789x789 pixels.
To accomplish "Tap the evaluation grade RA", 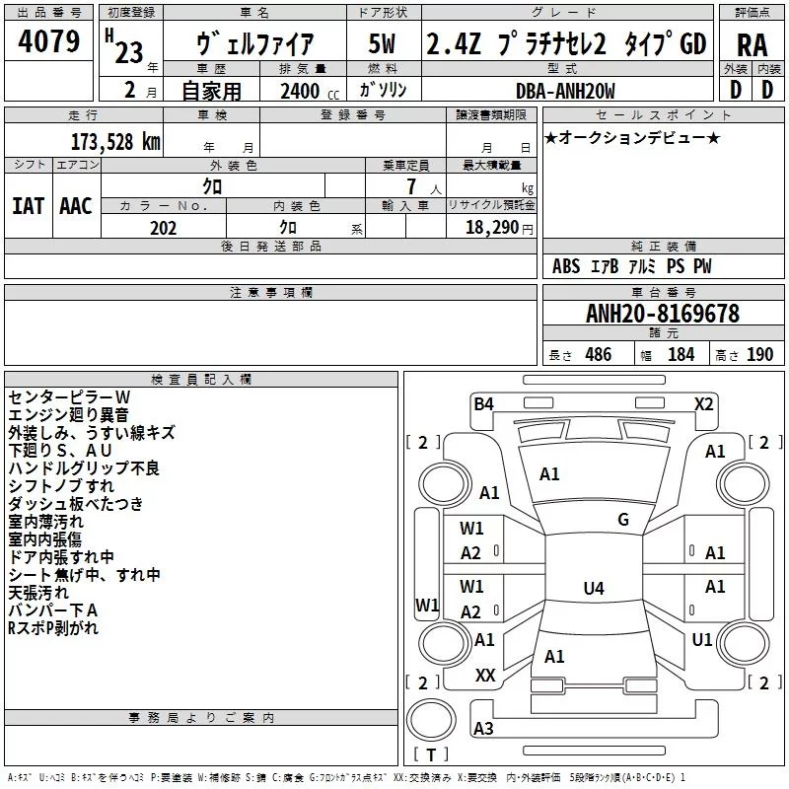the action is pyautogui.click(x=752, y=45).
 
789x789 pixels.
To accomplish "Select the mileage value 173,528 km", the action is pyautogui.click(x=115, y=141).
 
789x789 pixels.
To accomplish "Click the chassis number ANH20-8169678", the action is pyautogui.click(x=663, y=314).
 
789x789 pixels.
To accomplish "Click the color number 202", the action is pyautogui.click(x=163, y=228).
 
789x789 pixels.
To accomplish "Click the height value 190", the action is pyautogui.click(x=759, y=354).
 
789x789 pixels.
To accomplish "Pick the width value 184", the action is pyautogui.click(x=681, y=354).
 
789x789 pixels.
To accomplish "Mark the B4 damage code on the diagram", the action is pyautogui.click(x=483, y=403).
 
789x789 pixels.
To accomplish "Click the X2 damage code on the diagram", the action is pyautogui.click(x=703, y=403).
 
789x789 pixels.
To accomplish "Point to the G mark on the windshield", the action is pyautogui.click(x=623, y=520).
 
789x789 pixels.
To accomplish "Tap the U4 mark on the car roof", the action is pyautogui.click(x=593, y=589).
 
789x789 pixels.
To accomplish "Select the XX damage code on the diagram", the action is pyautogui.click(x=485, y=676).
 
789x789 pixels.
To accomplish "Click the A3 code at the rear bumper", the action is pyautogui.click(x=483, y=729).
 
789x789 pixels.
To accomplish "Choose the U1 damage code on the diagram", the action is pyautogui.click(x=702, y=640).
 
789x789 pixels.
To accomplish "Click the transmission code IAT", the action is pyautogui.click(x=28, y=205).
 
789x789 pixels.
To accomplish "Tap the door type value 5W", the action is pyautogui.click(x=382, y=45).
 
